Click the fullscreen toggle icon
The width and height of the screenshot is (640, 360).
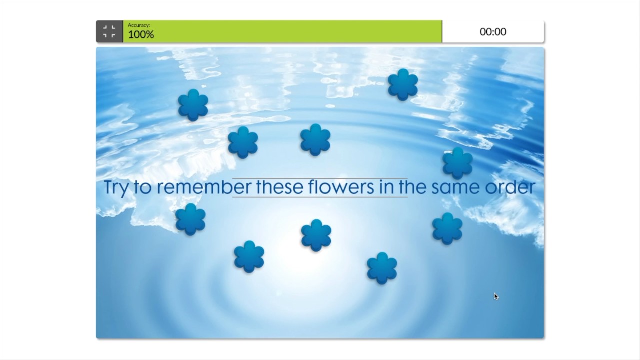[109, 32]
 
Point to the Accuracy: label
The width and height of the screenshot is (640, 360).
[139, 25]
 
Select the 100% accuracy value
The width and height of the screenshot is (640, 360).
[141, 35]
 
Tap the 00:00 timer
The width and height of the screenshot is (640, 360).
[493, 32]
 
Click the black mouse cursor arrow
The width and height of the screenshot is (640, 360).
[496, 296]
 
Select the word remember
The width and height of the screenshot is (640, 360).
[204, 187]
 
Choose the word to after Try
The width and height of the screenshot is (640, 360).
[145, 187]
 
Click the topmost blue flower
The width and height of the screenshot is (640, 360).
[403, 84]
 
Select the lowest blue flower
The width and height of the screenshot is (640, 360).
[382, 268]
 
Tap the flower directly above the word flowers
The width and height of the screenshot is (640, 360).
[315, 140]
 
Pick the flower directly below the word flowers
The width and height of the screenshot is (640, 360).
[316, 235]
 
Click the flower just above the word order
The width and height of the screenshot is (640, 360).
[457, 163]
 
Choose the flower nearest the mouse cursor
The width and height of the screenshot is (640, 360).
[447, 228]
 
